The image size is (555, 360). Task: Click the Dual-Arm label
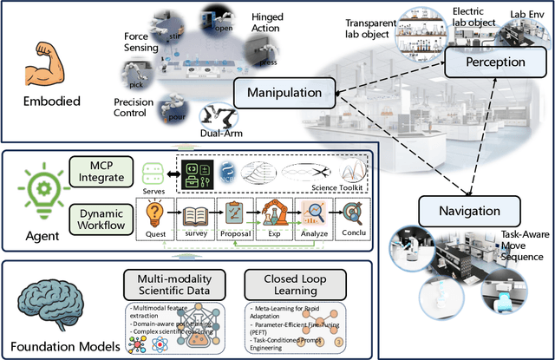tap(221, 133)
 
